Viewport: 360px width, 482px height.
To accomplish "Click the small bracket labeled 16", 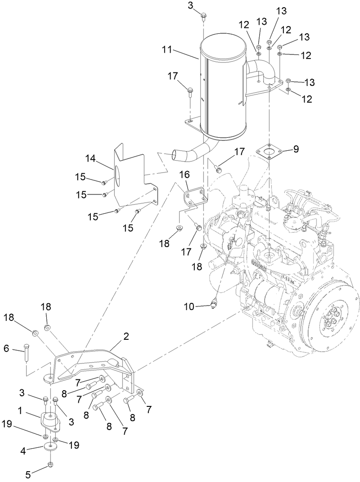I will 194,198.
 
